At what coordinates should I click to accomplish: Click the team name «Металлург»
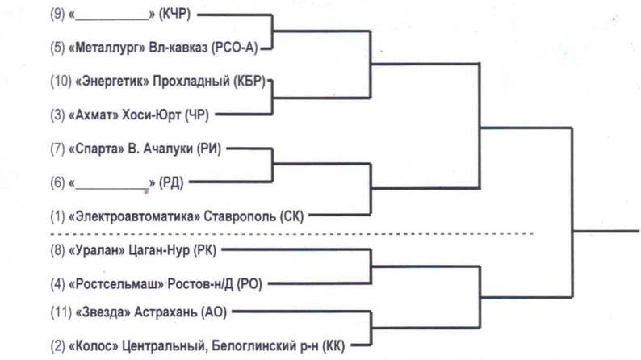coord(110,48)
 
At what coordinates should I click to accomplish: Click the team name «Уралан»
coord(98,250)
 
